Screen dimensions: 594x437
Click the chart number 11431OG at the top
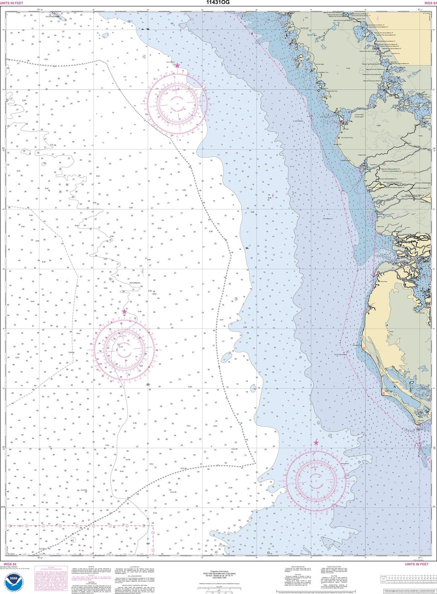pyautogui.click(x=218, y=3)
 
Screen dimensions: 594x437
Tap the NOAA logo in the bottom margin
pyautogui.click(x=13, y=583)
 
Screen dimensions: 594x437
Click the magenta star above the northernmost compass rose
pyautogui.click(x=177, y=65)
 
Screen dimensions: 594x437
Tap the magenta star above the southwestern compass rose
pyautogui.click(x=124, y=312)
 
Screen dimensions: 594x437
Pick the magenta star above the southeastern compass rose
pyautogui.click(x=316, y=443)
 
